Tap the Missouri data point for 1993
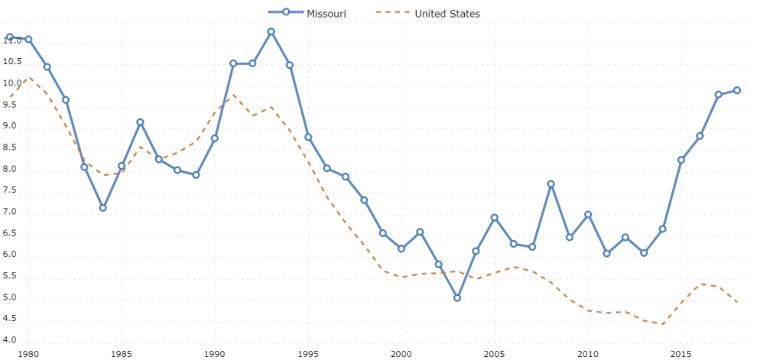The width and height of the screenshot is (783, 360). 271,31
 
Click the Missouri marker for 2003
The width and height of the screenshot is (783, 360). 457,297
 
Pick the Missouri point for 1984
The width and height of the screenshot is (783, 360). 102,208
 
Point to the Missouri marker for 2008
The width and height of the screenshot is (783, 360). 551,184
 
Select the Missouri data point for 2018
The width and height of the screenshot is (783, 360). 737,90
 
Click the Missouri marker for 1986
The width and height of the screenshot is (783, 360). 140,122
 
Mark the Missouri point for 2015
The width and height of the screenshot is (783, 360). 681,160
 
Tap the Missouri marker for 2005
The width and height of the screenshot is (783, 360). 495,218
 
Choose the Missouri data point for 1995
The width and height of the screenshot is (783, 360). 308,137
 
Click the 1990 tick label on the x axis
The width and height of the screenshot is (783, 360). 214,354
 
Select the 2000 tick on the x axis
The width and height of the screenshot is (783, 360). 401,354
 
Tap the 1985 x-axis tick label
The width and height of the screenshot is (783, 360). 121,354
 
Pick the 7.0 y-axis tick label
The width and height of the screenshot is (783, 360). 12,212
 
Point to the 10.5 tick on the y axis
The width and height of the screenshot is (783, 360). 12,83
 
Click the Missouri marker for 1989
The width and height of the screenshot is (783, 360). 196,175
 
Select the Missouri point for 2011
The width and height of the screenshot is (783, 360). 606,253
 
